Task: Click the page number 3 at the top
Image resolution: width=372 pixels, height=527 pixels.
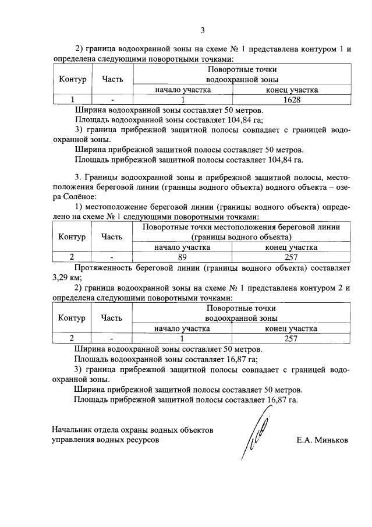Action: pyautogui.click(x=202, y=30)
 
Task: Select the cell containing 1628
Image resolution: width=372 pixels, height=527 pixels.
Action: pyautogui.click(x=291, y=100)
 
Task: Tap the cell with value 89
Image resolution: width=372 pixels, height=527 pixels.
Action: pyautogui.click(x=182, y=257)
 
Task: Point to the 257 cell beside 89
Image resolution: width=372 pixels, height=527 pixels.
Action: pyautogui.click(x=291, y=257)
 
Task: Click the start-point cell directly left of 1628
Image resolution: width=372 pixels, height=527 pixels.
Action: pyautogui.click(x=182, y=100)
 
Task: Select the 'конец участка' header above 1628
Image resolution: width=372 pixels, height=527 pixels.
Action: pyautogui.click(x=291, y=90)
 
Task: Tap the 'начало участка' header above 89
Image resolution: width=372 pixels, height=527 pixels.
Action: pyautogui.click(x=182, y=247)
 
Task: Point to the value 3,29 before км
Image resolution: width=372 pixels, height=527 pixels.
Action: pyautogui.click(x=61, y=277)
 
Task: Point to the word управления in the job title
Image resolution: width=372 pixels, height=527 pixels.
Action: pyautogui.click(x=74, y=441)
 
